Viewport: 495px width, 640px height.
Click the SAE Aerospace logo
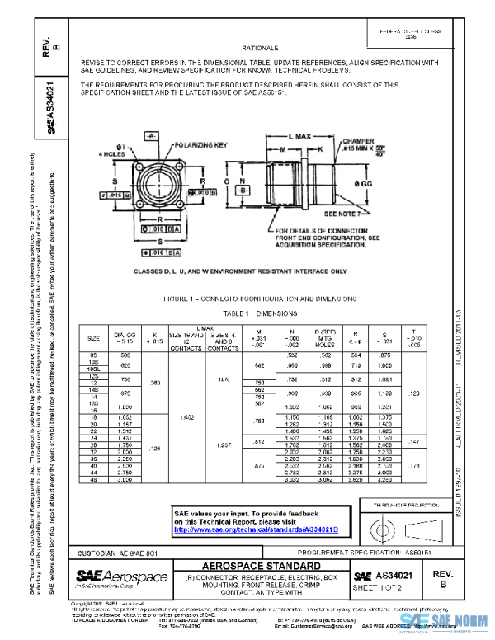point(121,576)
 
